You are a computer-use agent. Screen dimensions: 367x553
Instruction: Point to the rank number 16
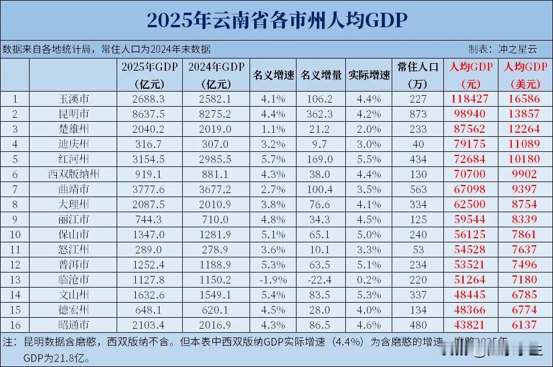pos(15,325)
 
